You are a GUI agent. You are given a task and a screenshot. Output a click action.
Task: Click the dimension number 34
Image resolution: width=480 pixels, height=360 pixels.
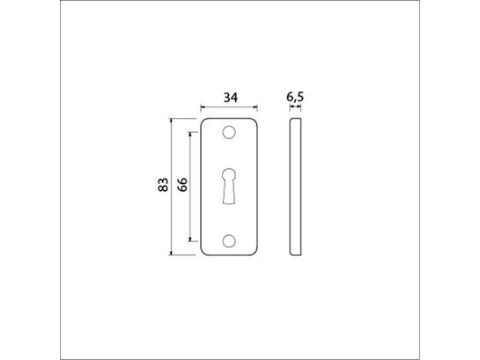[231, 98]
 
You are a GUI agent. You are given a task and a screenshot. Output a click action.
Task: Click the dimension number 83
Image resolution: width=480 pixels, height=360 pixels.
[163, 185]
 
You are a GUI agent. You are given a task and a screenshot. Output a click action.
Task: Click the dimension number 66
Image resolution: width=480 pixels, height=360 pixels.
[182, 185]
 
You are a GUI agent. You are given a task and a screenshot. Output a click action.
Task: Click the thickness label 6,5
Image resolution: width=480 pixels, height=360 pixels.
[295, 97]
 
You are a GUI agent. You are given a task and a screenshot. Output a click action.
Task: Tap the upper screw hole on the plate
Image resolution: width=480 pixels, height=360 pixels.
[229, 133]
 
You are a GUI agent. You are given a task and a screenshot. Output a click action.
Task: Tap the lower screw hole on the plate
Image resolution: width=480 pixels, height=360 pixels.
[229, 241]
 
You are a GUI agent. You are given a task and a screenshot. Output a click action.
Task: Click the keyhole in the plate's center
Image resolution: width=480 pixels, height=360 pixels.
[229, 186]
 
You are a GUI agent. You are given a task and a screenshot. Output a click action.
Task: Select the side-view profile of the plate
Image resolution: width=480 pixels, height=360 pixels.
[295, 187]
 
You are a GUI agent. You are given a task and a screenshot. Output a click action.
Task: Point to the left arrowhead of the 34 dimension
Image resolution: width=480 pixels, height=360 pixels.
[203, 107]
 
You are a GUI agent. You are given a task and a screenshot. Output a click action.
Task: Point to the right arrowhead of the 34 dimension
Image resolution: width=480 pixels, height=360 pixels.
[255, 107]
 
